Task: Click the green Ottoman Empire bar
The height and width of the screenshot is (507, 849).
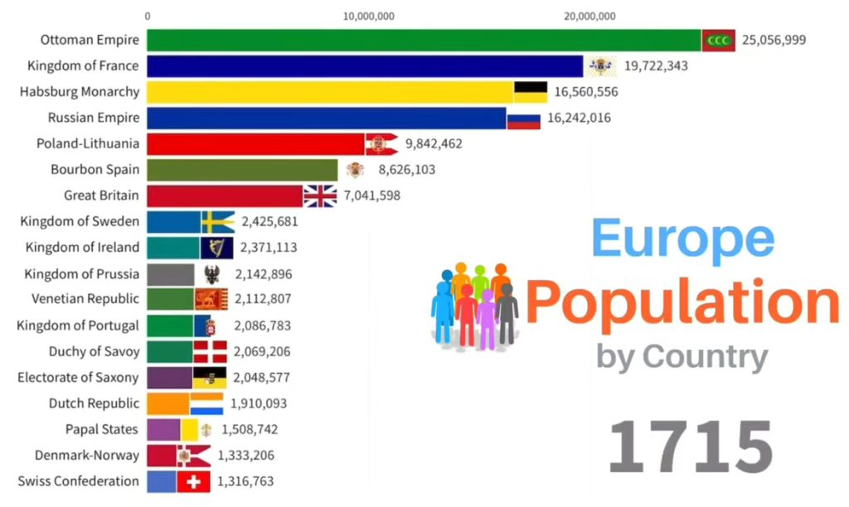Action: coord(423,40)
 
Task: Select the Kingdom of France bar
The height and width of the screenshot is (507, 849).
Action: coord(365,65)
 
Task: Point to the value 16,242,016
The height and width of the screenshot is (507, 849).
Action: coord(579,118)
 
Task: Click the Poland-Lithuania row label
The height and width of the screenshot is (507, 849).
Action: coord(88,143)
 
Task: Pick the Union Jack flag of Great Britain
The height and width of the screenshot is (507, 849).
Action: coord(320,196)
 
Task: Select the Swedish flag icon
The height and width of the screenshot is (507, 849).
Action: coord(218,221)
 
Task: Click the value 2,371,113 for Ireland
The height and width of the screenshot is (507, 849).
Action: coord(269,247)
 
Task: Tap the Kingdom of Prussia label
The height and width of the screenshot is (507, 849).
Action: coord(82,273)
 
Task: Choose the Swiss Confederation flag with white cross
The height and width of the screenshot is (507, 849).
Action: coord(194,481)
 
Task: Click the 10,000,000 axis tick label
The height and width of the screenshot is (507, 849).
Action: coord(367,16)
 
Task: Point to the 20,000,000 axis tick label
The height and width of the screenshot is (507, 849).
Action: coord(589,16)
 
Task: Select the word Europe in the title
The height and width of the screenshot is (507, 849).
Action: coord(683,240)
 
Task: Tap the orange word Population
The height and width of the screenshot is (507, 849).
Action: coord(682,302)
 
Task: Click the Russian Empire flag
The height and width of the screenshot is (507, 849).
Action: coord(523,118)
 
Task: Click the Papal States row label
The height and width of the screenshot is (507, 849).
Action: coord(102,429)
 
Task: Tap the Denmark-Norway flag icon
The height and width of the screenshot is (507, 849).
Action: coord(193,455)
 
